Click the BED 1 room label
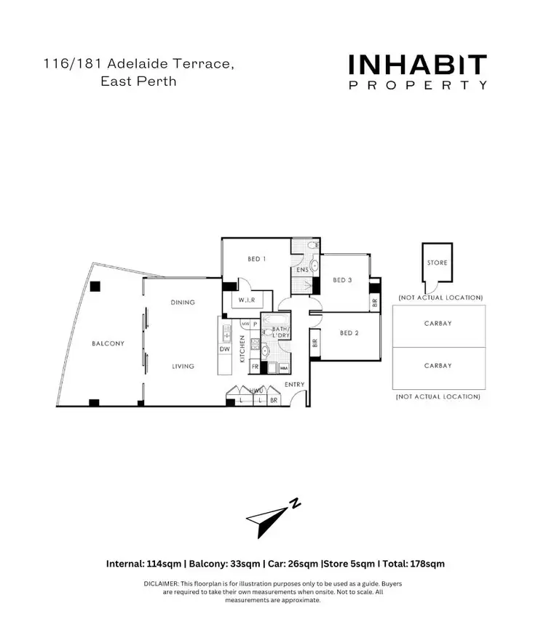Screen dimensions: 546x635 (256, 259)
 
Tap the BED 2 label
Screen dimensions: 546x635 (350, 333)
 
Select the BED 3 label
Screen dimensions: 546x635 (342, 280)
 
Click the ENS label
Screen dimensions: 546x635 (302, 271)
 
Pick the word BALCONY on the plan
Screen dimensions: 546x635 (108, 343)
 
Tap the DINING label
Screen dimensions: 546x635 (183, 302)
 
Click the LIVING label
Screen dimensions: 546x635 (183, 366)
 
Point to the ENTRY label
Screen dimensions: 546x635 (295, 384)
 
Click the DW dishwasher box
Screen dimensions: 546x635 (224, 349)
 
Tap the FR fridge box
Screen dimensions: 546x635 (255, 368)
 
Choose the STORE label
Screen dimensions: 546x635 (438, 263)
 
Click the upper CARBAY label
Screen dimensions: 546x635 (438, 324)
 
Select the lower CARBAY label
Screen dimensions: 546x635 (438, 366)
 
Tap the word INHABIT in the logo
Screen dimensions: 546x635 (417, 65)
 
